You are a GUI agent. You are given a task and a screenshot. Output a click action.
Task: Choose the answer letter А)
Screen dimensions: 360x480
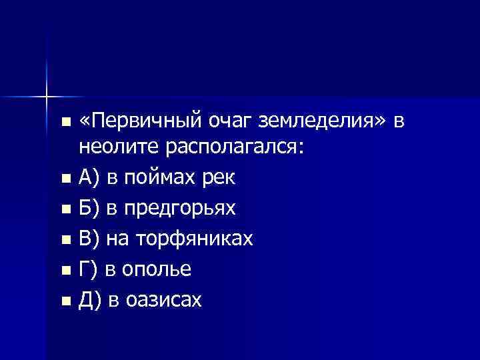point(89,178)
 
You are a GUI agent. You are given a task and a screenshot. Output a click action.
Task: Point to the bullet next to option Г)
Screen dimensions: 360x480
point(64,271)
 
